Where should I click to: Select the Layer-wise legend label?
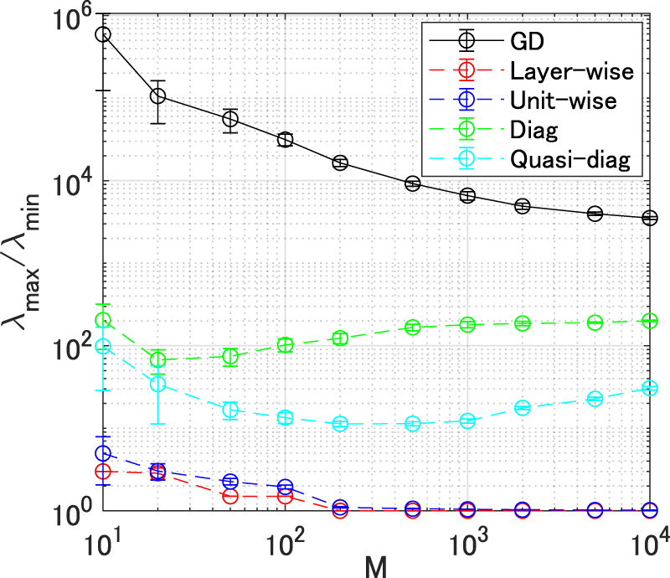[x=566, y=70]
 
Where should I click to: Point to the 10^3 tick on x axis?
[x=467, y=537]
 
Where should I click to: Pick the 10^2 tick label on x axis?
[x=286, y=537]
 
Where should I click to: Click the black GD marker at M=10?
[x=103, y=34]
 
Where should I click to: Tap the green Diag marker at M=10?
[x=103, y=320]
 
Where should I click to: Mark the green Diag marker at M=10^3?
[x=467, y=324]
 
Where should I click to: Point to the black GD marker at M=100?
[x=285, y=139]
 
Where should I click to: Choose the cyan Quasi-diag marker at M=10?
[x=103, y=347]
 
